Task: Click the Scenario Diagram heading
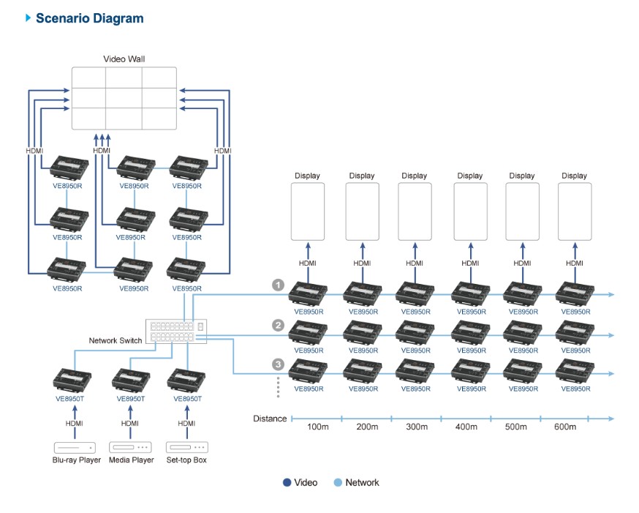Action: coord(89,18)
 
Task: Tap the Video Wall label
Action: coord(124,58)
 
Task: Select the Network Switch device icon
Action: coord(176,331)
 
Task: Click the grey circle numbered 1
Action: coord(278,285)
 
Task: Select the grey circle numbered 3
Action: coord(278,364)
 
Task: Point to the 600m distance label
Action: coord(565,427)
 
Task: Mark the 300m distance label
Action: coord(415,427)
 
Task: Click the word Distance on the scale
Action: coord(270,419)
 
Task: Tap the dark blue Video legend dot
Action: coord(287,482)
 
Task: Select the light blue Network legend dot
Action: coord(338,482)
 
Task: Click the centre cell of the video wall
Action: coord(124,98)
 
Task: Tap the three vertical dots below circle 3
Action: coord(279,388)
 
